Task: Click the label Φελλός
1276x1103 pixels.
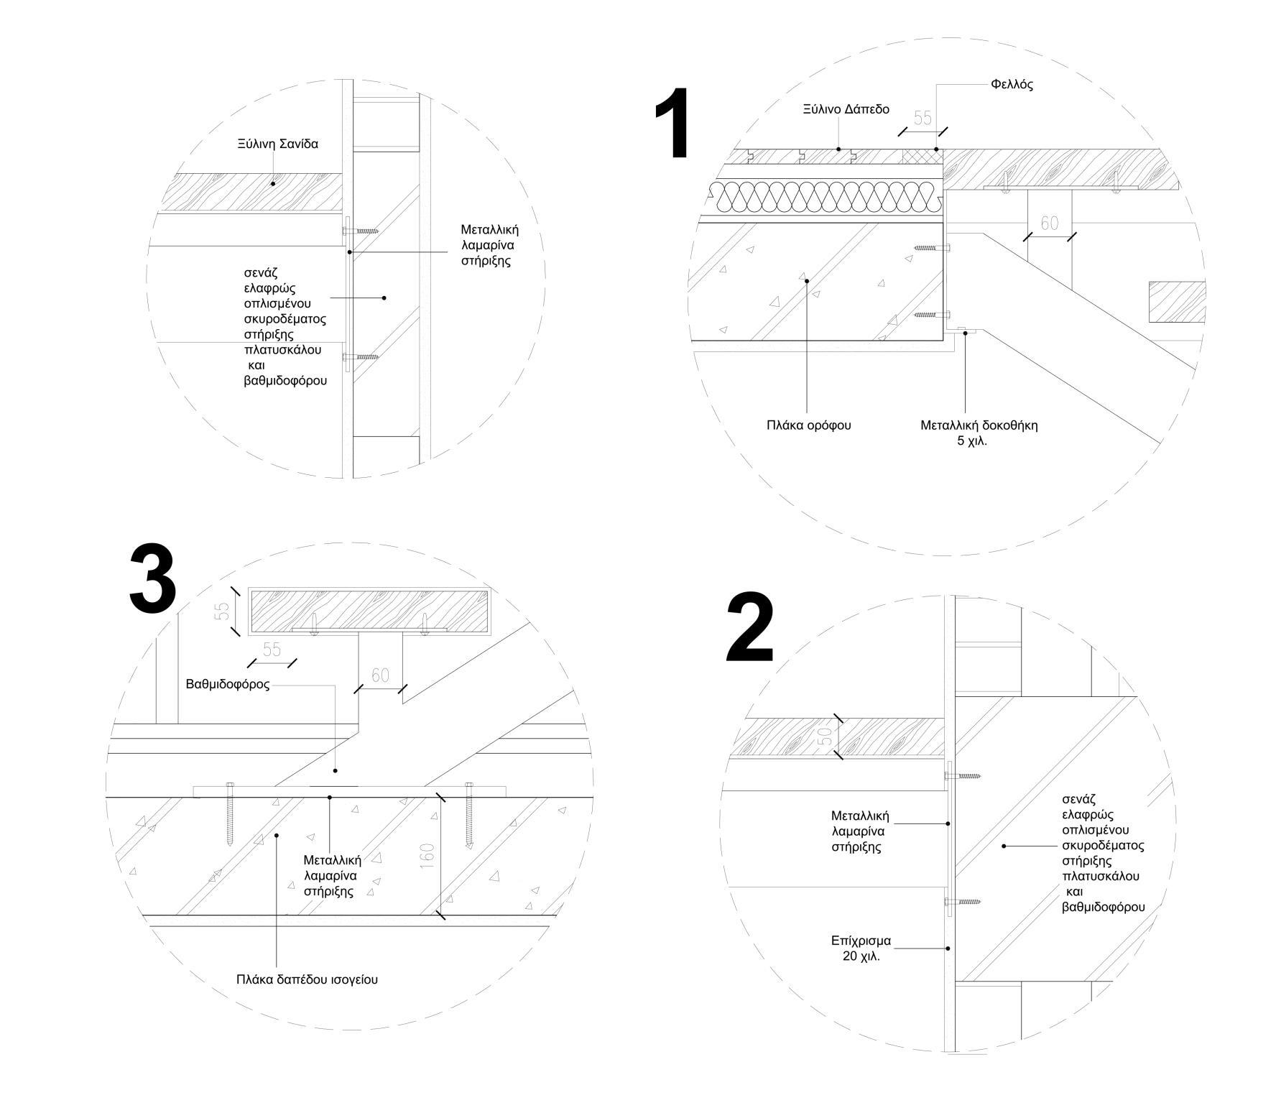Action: pyautogui.click(x=1012, y=85)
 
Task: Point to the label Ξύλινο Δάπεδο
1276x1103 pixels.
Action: pyautogui.click(x=846, y=109)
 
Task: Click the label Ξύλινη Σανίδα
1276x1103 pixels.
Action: pyautogui.click(x=277, y=144)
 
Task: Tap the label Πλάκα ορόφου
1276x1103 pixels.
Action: pyautogui.click(x=808, y=425)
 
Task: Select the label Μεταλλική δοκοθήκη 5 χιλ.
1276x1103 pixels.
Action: pyautogui.click(x=979, y=433)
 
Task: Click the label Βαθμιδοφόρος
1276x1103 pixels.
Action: pyautogui.click(x=227, y=684)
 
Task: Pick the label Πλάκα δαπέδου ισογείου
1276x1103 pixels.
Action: pyautogui.click(x=307, y=979)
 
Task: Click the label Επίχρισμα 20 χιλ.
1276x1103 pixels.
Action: pyautogui.click(x=861, y=948)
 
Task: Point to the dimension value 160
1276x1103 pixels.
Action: pyautogui.click(x=427, y=856)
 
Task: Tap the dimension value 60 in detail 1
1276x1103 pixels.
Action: pyautogui.click(x=1050, y=223)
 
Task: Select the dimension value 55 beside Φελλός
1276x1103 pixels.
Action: pyautogui.click(x=922, y=118)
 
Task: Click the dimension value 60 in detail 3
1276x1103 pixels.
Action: pyautogui.click(x=380, y=675)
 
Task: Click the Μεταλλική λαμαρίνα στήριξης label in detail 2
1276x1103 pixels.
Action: pyautogui.click(x=859, y=831)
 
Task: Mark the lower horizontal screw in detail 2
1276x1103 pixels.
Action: pyautogui.click(x=961, y=901)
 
